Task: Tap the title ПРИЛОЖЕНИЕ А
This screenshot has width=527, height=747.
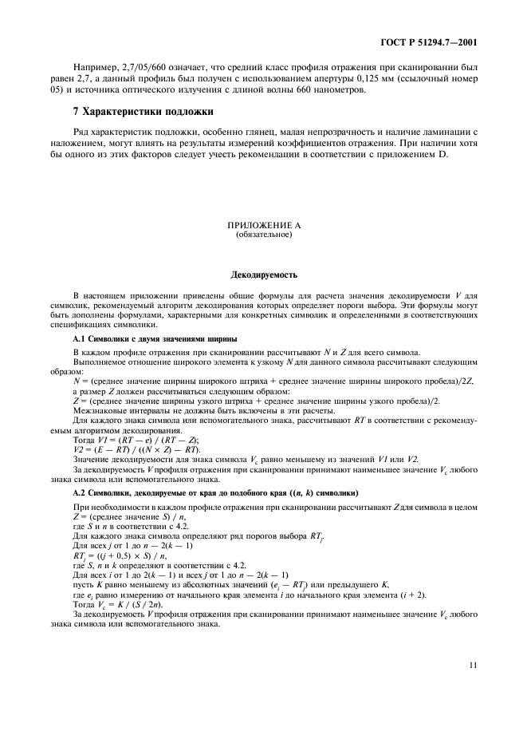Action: click(x=264, y=227)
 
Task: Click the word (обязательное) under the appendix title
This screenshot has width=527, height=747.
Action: click(x=264, y=236)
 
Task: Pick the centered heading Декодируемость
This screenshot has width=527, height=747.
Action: click(x=264, y=275)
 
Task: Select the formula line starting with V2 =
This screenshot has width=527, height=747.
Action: click(x=136, y=449)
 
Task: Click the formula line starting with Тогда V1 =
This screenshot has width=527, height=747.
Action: click(x=136, y=440)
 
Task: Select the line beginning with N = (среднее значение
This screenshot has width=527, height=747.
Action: click(x=272, y=382)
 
